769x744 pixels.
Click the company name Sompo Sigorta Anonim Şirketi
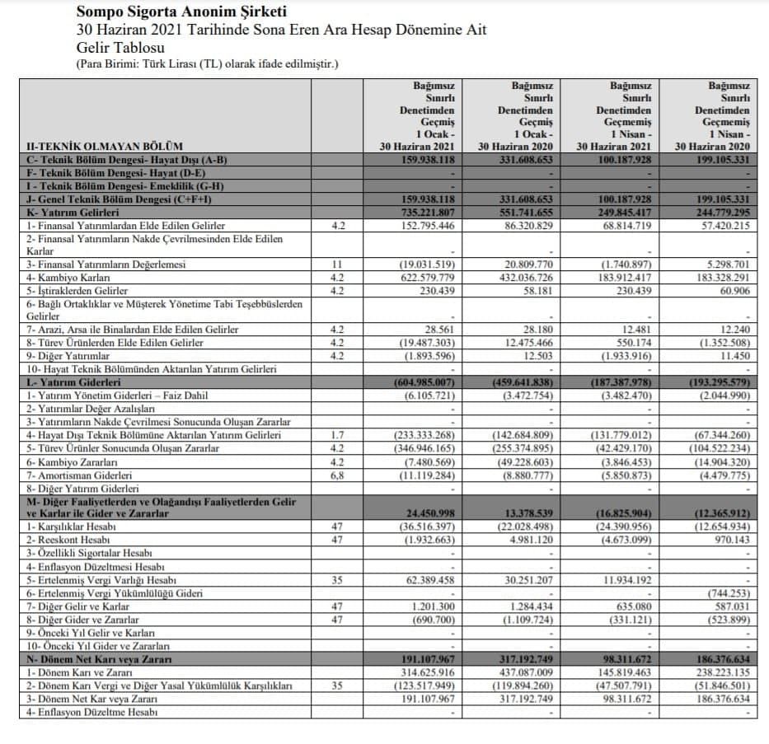click(x=181, y=12)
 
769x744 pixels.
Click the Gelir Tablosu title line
click(x=120, y=47)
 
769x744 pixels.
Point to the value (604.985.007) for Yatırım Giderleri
click(x=424, y=383)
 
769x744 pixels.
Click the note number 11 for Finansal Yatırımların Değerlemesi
click(x=336, y=264)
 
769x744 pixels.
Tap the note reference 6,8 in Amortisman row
click(x=336, y=475)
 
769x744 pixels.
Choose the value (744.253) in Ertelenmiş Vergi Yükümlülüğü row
click(x=722, y=593)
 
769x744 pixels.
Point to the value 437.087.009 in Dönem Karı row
click(x=524, y=672)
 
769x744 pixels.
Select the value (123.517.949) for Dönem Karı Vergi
click(x=424, y=686)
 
